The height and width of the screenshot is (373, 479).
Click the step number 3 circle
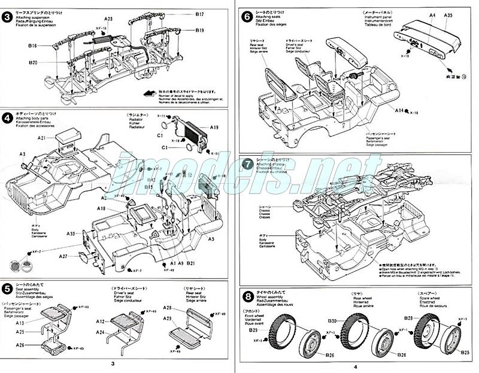pyautogui.click(x=7, y=17)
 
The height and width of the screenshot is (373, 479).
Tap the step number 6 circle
pyautogui.click(x=246, y=17)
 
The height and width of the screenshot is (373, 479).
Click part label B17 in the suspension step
pyautogui.click(x=200, y=14)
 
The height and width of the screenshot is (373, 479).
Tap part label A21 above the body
pyautogui.click(x=41, y=138)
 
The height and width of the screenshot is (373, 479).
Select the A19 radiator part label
pyautogui.click(x=214, y=127)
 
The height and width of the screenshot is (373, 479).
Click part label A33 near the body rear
pyautogui.click(x=71, y=233)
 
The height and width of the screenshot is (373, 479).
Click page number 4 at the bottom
pyautogui.click(x=355, y=366)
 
